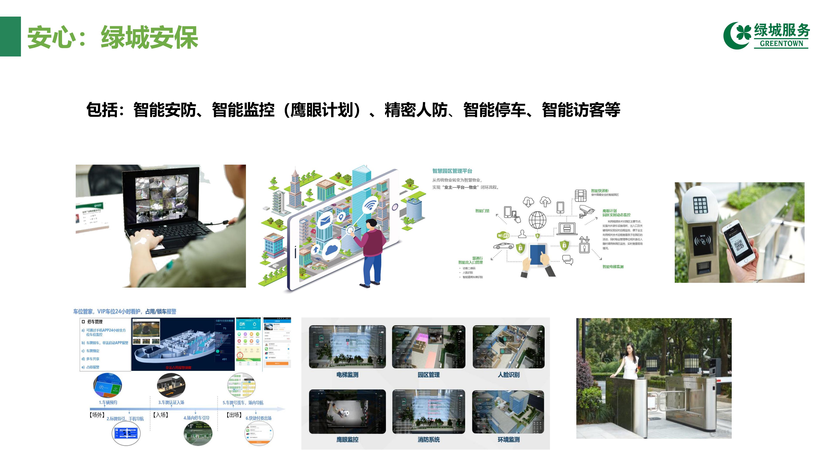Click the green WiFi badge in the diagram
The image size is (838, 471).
coord(503,235)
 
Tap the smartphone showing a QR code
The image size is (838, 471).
coord(738,242)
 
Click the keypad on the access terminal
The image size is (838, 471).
coord(700,205)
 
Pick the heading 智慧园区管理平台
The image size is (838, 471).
coord(452,171)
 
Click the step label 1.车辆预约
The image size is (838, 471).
coord(108,402)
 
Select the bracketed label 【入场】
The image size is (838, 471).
coord(160,415)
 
